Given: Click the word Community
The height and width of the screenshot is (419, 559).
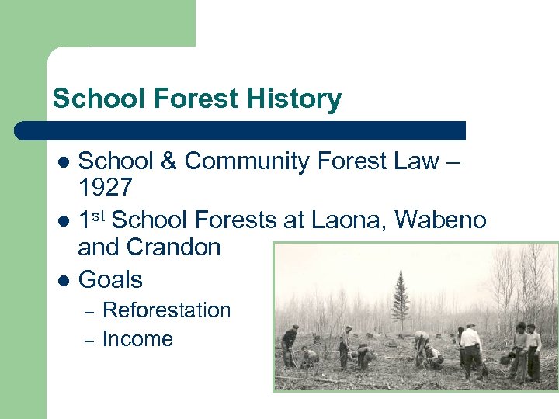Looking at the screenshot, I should point(241,161).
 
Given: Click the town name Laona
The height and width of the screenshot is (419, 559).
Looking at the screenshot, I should point(348,220).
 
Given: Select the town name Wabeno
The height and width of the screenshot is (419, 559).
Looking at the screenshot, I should point(440,220).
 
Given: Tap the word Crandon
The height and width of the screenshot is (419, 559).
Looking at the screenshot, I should point(175,248).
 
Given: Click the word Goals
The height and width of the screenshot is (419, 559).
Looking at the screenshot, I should point(110,279).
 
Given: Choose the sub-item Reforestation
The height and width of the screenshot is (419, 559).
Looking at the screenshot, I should point(167,310).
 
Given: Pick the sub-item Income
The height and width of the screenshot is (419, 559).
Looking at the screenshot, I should point(137,339).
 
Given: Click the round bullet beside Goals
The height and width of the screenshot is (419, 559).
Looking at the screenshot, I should point(65,280).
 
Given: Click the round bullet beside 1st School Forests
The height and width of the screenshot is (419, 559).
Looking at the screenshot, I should point(65,221).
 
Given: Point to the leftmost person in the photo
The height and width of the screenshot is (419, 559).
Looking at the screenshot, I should point(290,345).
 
